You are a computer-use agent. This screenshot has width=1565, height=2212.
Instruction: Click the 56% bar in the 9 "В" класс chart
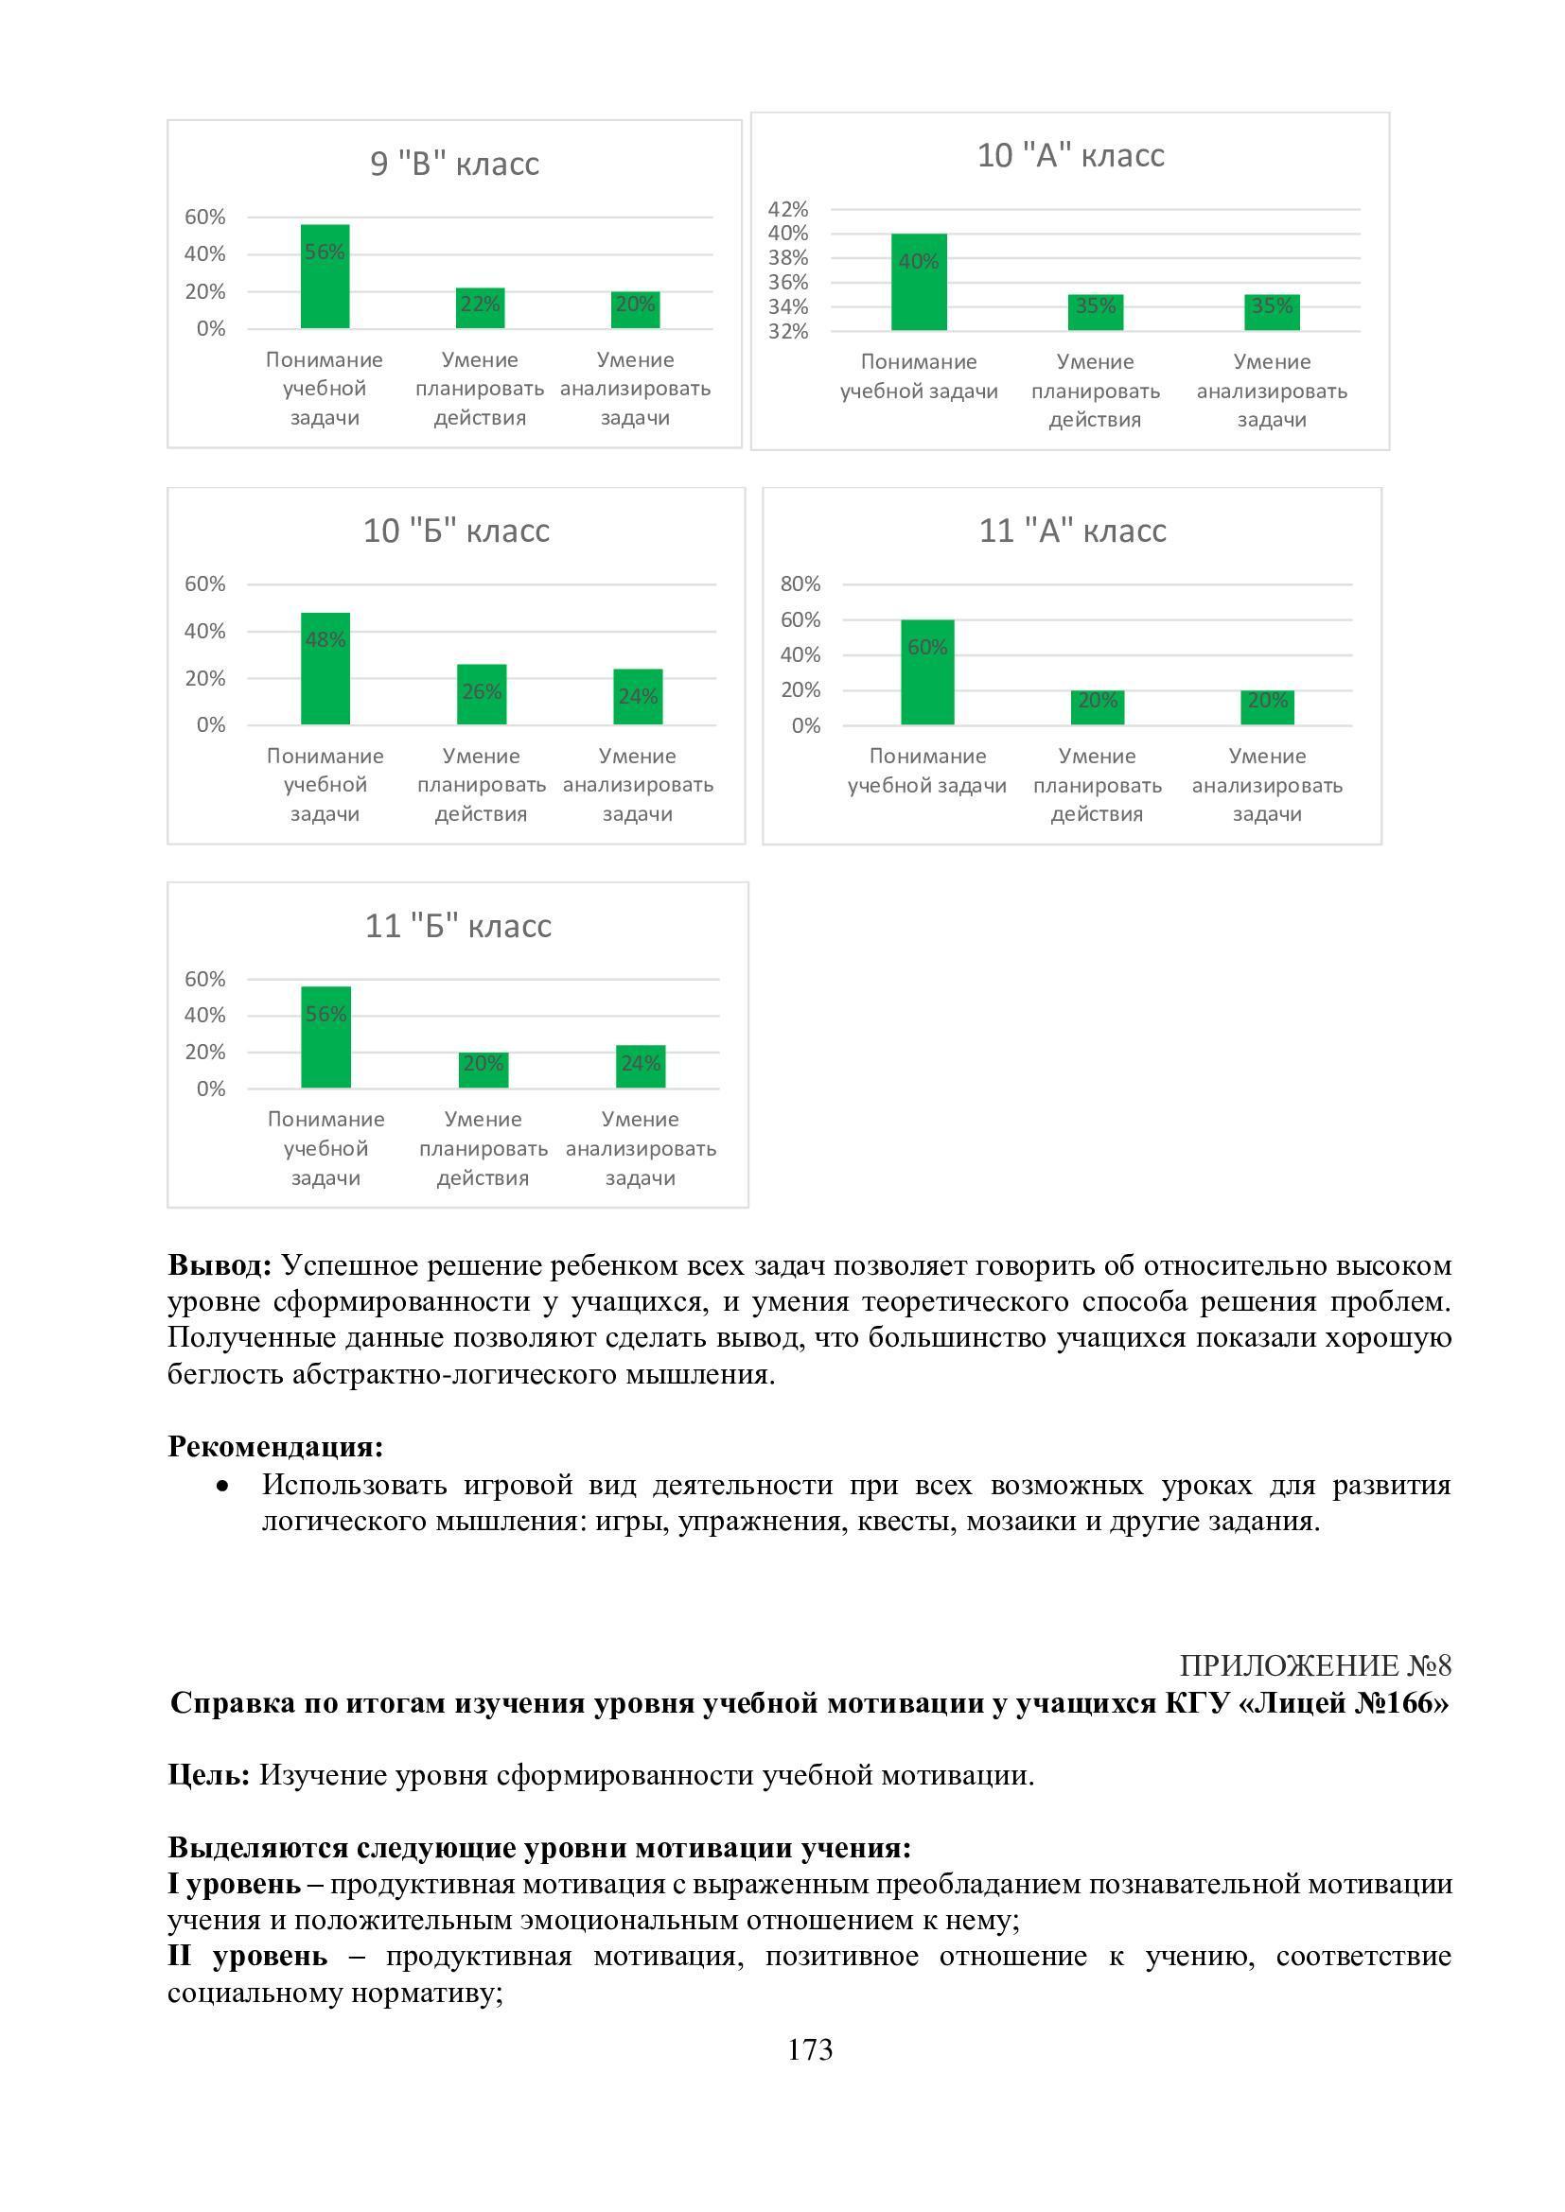(325, 276)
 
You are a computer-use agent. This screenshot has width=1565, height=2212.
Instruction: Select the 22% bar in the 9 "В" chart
(480, 308)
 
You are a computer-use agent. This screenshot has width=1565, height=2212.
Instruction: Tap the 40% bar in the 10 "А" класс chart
(919, 282)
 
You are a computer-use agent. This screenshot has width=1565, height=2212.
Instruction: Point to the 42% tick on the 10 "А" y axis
(788, 209)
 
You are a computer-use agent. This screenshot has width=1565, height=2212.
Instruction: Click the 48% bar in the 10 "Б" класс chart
(325, 669)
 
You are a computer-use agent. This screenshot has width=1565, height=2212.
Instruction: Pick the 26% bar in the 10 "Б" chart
(481, 695)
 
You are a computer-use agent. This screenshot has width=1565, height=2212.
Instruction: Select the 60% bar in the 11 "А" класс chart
(927, 672)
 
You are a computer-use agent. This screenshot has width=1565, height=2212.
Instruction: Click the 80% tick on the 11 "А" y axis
(800, 583)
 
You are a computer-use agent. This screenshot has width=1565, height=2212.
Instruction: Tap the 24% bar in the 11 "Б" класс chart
(641, 1067)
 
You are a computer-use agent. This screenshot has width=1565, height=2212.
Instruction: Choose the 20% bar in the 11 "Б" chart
(483, 1071)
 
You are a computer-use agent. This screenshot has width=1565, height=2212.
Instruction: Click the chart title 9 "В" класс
(455, 164)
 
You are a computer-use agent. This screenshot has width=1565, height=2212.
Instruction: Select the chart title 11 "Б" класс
(458, 926)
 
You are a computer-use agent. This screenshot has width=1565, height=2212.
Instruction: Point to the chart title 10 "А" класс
(1071, 155)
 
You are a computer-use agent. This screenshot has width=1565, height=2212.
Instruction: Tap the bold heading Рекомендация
(275, 1446)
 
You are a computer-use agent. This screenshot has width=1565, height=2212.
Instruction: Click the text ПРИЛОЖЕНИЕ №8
(1314, 1665)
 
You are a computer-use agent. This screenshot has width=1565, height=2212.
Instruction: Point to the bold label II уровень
(247, 1956)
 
